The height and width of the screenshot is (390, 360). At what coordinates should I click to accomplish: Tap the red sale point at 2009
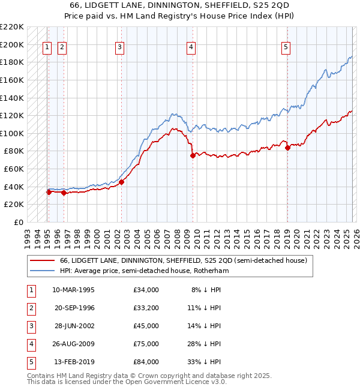pos(193,155)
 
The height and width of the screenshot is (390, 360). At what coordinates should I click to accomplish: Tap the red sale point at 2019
pos(287,148)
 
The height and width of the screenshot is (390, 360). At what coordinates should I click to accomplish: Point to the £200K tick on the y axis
pos(13,44)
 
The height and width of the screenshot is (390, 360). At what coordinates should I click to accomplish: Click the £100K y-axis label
pos(13,133)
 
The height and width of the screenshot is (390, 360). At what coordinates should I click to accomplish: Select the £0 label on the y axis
pos(18,222)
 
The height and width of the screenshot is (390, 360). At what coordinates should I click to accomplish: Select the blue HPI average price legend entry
pos(144,271)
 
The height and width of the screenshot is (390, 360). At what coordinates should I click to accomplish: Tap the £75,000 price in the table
pos(146,344)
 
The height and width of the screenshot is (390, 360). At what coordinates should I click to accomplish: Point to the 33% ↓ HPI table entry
pos(205,362)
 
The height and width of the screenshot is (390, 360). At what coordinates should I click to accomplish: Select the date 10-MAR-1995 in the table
pos(73,290)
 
